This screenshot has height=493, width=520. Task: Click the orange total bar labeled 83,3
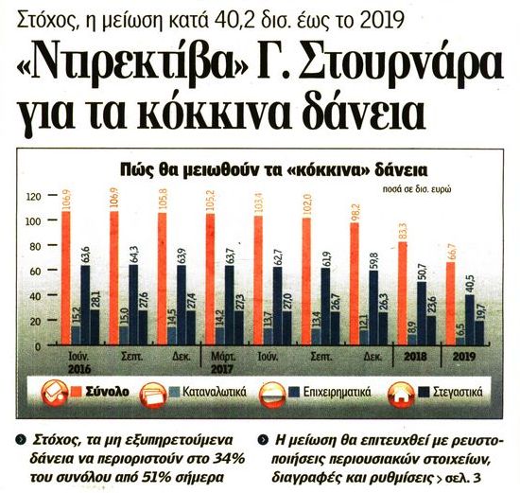coord(402,293)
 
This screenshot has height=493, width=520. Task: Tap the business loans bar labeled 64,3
coord(133,305)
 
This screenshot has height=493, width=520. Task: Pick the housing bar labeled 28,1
coord(95,327)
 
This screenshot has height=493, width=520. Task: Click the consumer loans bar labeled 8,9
coord(412,340)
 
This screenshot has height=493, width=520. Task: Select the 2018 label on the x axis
coord(416,357)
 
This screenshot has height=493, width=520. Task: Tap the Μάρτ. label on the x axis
coord(223,357)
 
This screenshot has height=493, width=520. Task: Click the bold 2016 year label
coord(79,369)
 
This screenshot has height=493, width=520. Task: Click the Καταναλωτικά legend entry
coord(215,392)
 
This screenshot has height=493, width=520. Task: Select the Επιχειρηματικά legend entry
coord(337,392)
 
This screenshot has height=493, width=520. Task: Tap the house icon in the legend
coord(401,395)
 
